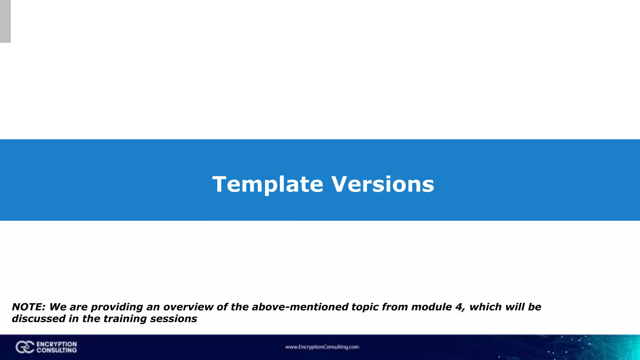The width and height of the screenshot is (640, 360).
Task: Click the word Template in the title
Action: [x=267, y=184]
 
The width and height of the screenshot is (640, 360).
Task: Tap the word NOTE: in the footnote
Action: [x=29, y=307]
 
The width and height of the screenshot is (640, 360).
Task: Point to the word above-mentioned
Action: [x=300, y=307]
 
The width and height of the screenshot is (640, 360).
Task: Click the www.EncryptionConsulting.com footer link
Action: [x=322, y=347]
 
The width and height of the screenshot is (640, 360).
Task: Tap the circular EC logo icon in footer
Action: [x=25, y=347]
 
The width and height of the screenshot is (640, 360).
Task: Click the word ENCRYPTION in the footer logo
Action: [x=57, y=344]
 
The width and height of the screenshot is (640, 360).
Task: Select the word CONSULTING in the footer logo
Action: [x=57, y=350]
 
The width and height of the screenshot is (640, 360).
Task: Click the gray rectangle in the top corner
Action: [x=5, y=21]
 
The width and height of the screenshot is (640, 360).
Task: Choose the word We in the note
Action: [x=57, y=307]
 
